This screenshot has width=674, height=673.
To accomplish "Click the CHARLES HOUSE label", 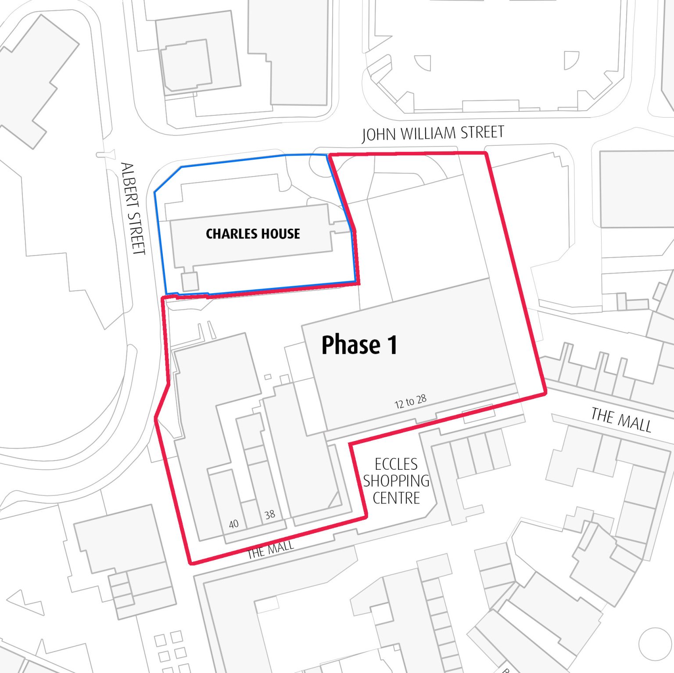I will (x=253, y=234).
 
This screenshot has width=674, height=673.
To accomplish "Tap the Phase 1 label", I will (x=359, y=345).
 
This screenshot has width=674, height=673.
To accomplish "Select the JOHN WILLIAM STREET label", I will (x=433, y=133).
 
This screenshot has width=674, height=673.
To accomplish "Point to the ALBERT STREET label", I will (x=133, y=209).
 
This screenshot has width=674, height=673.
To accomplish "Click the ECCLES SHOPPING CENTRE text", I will (x=396, y=481).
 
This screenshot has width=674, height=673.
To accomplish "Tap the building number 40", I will (x=234, y=524).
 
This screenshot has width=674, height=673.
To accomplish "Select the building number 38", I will (x=270, y=515).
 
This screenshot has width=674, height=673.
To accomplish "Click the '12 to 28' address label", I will (x=410, y=401).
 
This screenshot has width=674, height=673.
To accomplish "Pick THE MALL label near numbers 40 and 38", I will (x=270, y=550).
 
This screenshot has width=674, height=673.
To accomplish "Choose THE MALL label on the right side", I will (x=621, y=420).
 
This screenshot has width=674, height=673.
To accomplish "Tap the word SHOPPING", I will (x=396, y=481).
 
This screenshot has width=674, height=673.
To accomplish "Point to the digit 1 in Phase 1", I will (x=392, y=345).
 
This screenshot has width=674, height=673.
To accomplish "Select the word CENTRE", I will (x=396, y=498).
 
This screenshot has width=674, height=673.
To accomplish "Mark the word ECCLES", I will (x=396, y=464).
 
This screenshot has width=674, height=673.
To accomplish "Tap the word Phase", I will (x=351, y=345).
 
